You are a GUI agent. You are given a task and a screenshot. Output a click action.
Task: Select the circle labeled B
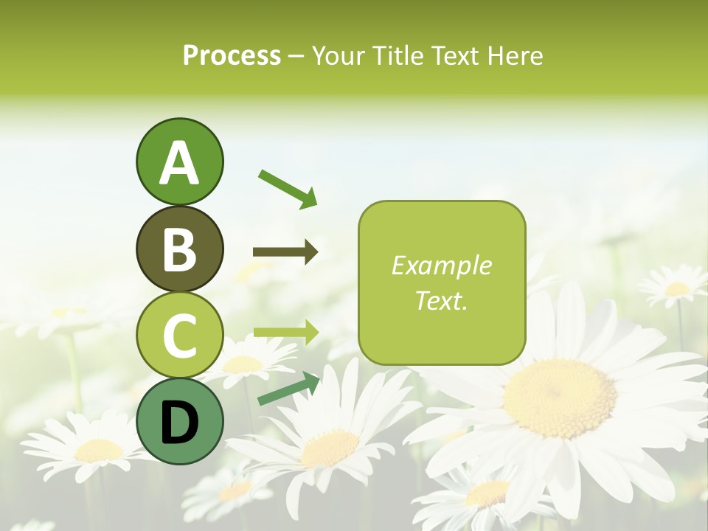coord(179,249)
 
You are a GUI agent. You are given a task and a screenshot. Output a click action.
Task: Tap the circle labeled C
coord(179,335)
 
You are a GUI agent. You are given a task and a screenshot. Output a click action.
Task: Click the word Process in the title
coord(232,55)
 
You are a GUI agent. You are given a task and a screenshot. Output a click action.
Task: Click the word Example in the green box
coord(441,265)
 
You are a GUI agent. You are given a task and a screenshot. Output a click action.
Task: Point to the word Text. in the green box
coord(441,300)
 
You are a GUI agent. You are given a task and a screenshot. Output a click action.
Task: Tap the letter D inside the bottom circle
coord(179,424)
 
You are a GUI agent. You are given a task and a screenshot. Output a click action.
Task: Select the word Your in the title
coord(337,55)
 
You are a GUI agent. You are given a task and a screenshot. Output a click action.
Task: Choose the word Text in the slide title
coord(454,55)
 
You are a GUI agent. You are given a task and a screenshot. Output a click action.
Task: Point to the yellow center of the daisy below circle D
coord(99,450)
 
